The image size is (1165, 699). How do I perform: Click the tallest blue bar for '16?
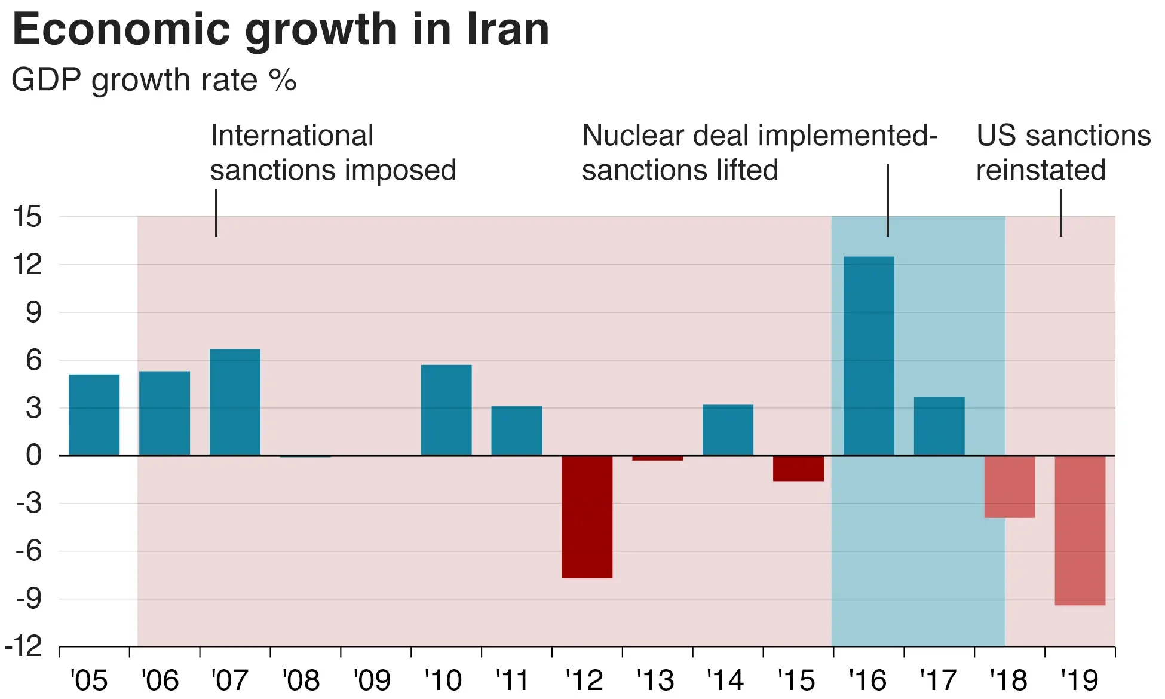point(869,356)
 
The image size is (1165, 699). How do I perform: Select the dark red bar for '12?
point(587,517)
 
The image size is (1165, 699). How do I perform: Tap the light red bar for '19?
point(1080,531)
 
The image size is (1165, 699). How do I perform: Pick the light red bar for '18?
point(1009,487)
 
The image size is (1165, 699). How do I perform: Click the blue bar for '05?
point(94,415)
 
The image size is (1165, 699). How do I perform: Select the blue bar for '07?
point(235,402)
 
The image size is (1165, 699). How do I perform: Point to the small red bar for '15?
point(798,468)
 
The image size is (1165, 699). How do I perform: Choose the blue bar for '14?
point(728,430)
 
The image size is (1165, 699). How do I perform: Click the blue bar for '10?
point(446,410)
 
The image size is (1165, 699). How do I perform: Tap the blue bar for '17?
point(939,426)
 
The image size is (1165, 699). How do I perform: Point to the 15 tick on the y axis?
point(27,217)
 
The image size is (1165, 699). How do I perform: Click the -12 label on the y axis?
point(24,646)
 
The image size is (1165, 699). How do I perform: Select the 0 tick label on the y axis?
point(33,456)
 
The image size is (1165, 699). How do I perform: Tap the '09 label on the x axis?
point(372,680)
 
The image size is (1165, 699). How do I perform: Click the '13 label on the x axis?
point(655,680)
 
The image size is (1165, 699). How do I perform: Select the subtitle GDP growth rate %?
point(154,80)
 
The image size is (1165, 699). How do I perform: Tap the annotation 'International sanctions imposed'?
point(333,153)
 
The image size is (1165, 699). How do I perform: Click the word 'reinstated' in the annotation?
point(1041,170)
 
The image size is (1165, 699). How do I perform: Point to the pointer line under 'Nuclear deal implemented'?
point(888,200)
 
